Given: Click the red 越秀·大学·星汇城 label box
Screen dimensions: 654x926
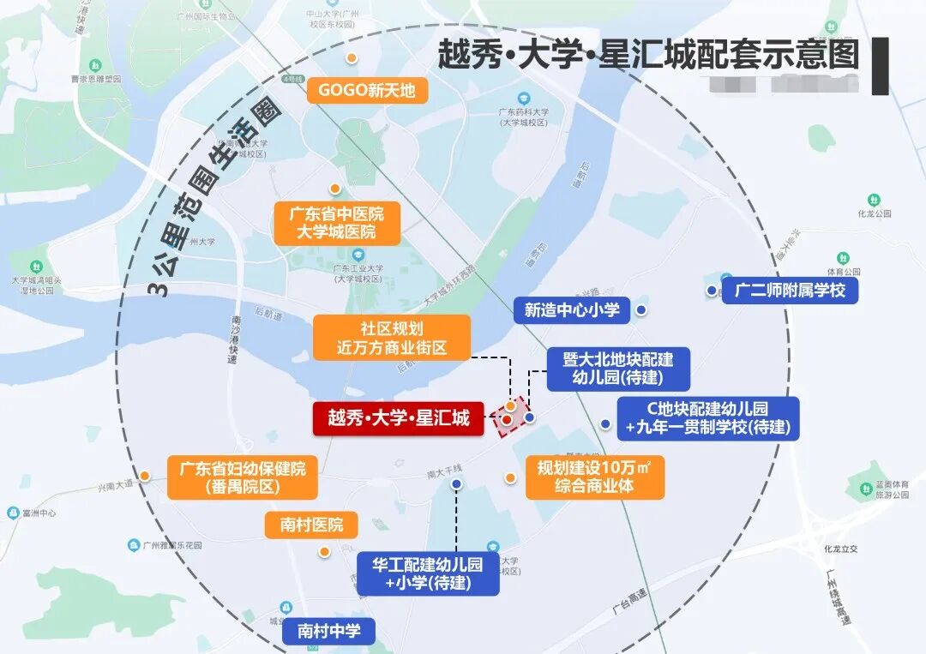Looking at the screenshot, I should click(x=399, y=418).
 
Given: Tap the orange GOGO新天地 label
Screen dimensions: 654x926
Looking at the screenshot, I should click(x=367, y=90).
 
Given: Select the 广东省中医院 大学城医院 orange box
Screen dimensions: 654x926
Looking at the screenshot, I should click(x=337, y=223).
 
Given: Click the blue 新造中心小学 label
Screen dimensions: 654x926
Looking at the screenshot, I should click(x=572, y=309).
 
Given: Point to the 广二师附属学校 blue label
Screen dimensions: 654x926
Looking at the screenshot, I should click(x=790, y=290).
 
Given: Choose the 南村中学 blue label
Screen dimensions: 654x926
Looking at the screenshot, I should click(x=329, y=633).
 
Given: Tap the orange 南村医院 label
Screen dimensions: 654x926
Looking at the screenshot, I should click(x=311, y=525).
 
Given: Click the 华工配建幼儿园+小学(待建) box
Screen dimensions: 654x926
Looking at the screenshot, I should click(x=428, y=573).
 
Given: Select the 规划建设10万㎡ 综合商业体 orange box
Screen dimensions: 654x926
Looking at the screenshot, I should click(x=595, y=477).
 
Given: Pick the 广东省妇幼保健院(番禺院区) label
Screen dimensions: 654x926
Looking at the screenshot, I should click(x=242, y=477).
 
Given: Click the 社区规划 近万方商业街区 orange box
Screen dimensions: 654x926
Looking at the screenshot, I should click(x=392, y=337).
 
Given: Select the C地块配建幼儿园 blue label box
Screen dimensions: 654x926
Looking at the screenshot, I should click(x=707, y=418).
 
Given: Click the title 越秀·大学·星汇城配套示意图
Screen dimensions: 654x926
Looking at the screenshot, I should click(x=649, y=56).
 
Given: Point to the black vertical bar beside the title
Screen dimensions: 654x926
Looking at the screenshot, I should click(x=880, y=65).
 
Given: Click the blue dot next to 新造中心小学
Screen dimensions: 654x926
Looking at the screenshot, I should click(x=640, y=310).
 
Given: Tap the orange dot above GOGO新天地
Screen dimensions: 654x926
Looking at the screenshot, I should click(x=351, y=57).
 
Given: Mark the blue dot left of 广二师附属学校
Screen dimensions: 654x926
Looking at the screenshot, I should click(x=712, y=291).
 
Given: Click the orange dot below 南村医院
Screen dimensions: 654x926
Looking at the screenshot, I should click(x=324, y=551).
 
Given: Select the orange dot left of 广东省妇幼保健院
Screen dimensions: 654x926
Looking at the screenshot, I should click(x=146, y=476).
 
